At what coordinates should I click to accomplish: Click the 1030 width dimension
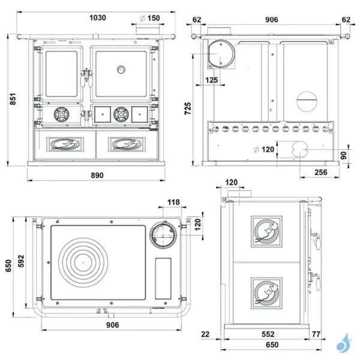[x=98, y=18]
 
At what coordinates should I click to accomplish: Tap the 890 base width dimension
[x=97, y=175]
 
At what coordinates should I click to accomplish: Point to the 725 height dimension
[x=188, y=109]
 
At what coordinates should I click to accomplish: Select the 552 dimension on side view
[x=268, y=334]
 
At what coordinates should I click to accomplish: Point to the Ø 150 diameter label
[x=149, y=18]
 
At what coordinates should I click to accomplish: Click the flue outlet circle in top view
[x=164, y=235]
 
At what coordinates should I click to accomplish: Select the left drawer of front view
[x=64, y=144]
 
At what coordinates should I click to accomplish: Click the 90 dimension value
[x=343, y=155]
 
